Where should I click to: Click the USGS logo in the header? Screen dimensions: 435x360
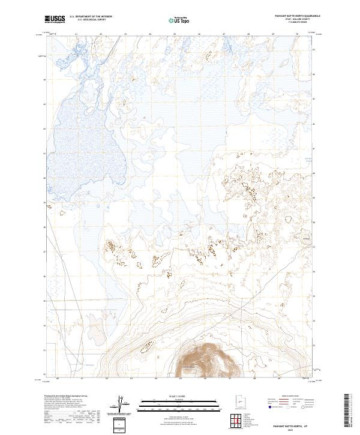pos(55,20)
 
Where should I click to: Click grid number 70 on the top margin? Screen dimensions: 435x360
pos(298,35)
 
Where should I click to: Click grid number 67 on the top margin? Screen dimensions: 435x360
pos(224,35)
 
